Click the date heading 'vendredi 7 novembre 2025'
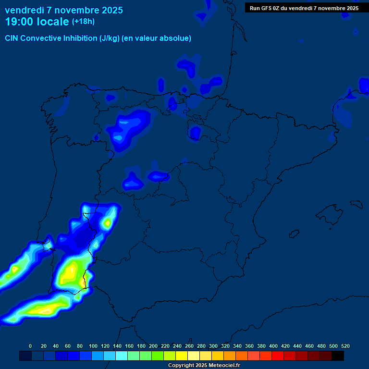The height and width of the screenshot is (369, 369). [63, 10]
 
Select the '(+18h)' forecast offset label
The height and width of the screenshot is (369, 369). [83, 22]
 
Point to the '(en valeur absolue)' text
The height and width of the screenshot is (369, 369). [157, 38]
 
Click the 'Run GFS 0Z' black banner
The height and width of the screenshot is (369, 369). [304, 8]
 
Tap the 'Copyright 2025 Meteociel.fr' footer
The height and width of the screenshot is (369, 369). [204, 366]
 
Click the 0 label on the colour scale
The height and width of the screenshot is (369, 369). [30, 346]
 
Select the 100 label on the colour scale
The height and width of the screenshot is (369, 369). [93, 346]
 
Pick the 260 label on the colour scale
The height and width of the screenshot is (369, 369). [189, 346]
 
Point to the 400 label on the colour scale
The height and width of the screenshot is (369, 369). [273, 346]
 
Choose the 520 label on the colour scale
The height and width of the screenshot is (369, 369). [345, 346]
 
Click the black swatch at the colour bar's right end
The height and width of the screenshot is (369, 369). [338, 356]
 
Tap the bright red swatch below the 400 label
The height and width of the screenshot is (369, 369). [278, 356]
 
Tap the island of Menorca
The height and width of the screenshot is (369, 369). [356, 204]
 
